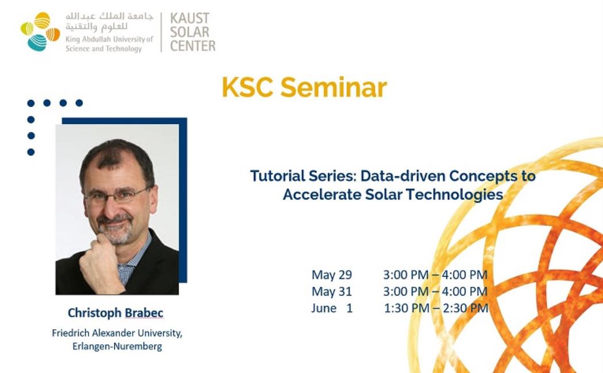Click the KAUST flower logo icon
40,32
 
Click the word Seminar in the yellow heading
334,88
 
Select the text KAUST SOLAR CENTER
192,32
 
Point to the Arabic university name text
109,21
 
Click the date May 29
331,275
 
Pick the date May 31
331,291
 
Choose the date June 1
332,308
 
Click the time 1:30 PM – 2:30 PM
436,308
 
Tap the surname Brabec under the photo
144,313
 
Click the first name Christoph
95,313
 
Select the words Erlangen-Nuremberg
117,346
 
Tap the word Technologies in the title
454,195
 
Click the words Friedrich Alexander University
117,333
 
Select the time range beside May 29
435,275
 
